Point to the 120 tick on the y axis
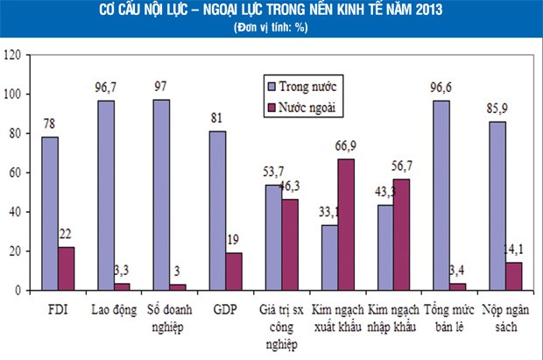click(12, 54)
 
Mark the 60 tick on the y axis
click(15, 173)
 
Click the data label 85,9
click(496, 111)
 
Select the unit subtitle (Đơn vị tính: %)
click(271, 28)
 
